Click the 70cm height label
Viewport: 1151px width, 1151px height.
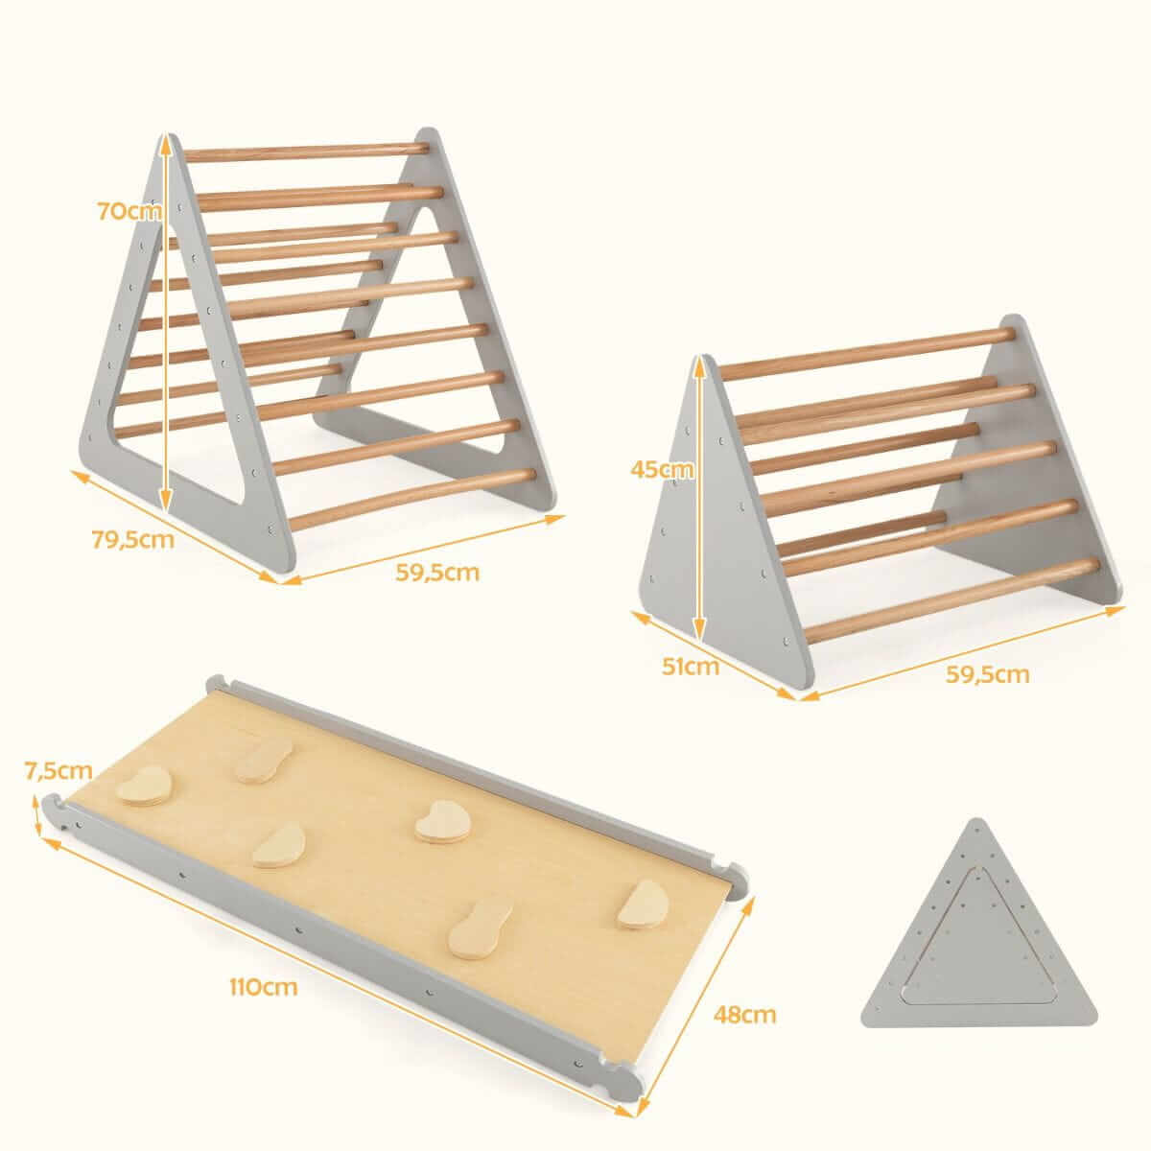[x=129, y=211]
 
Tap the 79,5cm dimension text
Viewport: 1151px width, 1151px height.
[x=132, y=540]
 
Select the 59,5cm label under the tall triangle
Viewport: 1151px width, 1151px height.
[x=437, y=573]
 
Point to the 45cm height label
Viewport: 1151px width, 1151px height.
[x=662, y=469]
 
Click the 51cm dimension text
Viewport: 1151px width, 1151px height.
[x=691, y=666]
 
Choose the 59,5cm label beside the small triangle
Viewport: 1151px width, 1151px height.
[x=988, y=674]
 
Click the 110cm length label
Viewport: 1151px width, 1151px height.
[x=264, y=987]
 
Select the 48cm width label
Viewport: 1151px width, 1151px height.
[x=745, y=1014]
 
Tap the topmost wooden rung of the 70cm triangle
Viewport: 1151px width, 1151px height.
[x=306, y=152]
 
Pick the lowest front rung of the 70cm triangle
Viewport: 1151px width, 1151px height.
[x=412, y=500]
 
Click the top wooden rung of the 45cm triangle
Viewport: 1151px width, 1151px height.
[x=867, y=354]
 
